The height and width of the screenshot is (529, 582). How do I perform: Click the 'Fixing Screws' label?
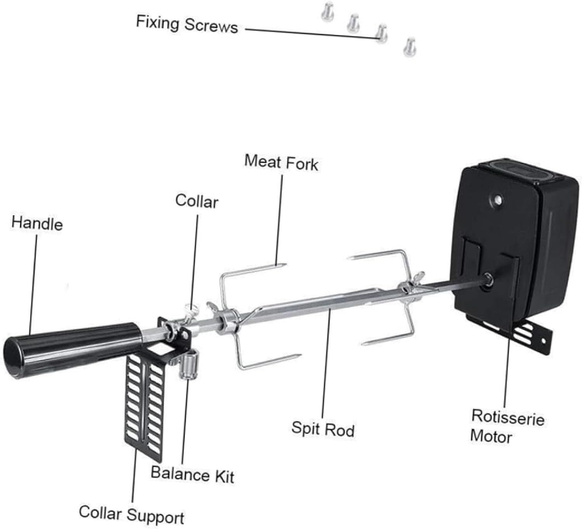tap(187, 24)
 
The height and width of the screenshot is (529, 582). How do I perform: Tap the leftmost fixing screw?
tap(327, 11)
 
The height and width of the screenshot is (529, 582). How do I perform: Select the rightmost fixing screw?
tap(409, 47)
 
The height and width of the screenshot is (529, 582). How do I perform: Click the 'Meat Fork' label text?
tap(281, 162)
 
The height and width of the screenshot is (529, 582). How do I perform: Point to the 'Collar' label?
tap(196, 201)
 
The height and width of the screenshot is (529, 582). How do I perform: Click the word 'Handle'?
tap(37, 224)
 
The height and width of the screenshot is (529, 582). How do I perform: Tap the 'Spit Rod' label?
tap(323, 429)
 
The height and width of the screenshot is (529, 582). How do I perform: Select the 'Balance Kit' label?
tap(192, 474)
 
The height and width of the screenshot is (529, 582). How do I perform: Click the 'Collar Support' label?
tap(132, 514)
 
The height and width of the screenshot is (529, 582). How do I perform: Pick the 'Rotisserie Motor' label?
tap(507, 426)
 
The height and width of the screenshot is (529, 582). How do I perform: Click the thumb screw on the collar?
tap(190, 309)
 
